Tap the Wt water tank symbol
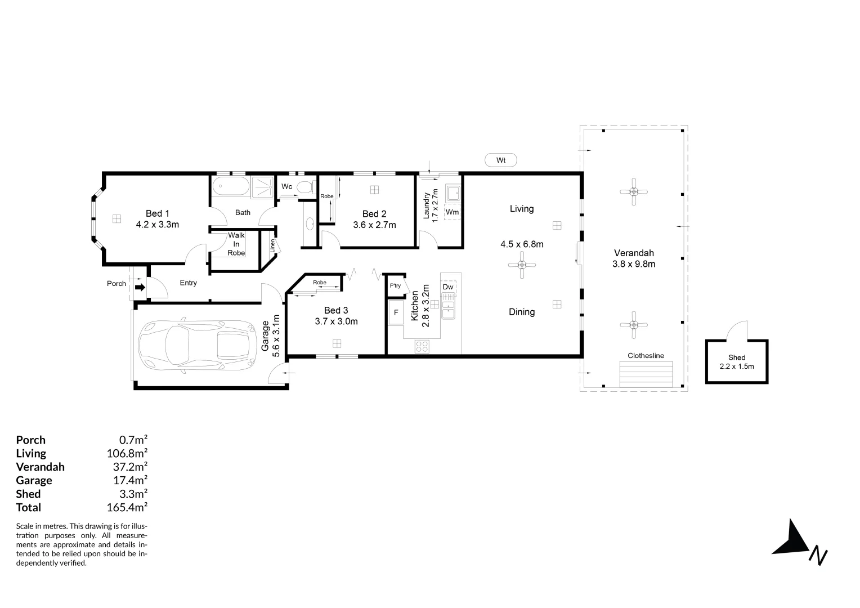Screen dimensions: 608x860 pyautogui.click(x=500, y=160)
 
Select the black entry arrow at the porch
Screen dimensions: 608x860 pyautogui.click(x=140, y=287)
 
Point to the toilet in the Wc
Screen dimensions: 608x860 pyautogui.click(x=304, y=187)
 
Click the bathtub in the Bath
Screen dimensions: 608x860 pyautogui.click(x=231, y=186)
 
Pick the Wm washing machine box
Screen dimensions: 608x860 pyautogui.click(x=452, y=212)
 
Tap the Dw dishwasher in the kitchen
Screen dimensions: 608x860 pyautogui.click(x=448, y=287)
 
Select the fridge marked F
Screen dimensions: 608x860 pyautogui.click(x=396, y=313)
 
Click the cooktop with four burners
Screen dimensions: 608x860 pyautogui.click(x=422, y=347)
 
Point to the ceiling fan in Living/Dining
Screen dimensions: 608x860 pyautogui.click(x=522, y=265)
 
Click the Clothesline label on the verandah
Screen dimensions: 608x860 pyautogui.click(x=646, y=356)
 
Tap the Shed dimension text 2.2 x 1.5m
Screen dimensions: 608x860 pyautogui.click(x=736, y=366)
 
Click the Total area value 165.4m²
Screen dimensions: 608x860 pyautogui.click(x=127, y=507)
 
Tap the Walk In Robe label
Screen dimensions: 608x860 pyautogui.click(x=236, y=244)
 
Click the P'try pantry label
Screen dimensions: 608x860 pyautogui.click(x=395, y=285)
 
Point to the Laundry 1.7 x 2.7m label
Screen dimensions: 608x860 pyautogui.click(x=431, y=207)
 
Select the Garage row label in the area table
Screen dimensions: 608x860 pyautogui.click(x=34, y=480)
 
